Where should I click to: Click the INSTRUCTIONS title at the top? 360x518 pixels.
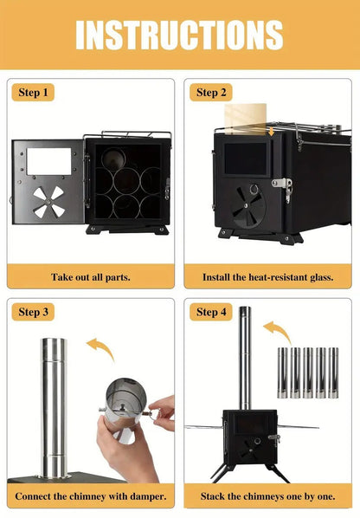click(179, 35)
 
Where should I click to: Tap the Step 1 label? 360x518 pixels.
click(34, 92)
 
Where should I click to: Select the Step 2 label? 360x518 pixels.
click(211, 92)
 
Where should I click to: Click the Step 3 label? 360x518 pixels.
click(34, 312)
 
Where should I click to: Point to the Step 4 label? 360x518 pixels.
click(211, 312)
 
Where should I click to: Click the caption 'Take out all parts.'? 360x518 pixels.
click(90, 277)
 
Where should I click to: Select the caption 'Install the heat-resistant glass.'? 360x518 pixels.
click(268, 277)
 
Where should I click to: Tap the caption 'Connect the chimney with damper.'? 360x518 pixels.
click(90, 496)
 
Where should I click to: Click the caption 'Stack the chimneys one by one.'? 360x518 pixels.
click(268, 496)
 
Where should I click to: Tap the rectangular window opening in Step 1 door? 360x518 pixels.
click(48, 160)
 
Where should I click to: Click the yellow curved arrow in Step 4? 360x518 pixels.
click(276, 332)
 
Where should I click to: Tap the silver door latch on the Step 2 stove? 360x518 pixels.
click(281, 184)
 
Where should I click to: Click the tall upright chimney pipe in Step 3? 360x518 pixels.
click(53, 407)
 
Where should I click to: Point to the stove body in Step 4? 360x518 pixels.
click(249, 437)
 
